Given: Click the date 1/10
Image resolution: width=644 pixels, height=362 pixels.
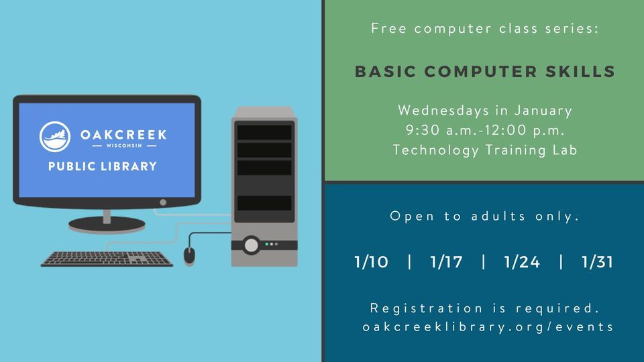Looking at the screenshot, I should pyautogui.click(x=371, y=262).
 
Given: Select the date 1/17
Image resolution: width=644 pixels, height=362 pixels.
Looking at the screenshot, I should pyautogui.click(x=446, y=262).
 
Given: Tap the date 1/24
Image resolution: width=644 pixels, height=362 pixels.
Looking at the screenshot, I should pyautogui.click(x=521, y=262).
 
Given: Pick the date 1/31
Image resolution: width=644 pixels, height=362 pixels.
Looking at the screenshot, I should pyautogui.click(x=597, y=262).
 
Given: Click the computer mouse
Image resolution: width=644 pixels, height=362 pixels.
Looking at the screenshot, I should pyautogui.click(x=190, y=255).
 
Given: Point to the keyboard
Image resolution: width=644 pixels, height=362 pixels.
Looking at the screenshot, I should pyautogui.click(x=107, y=258).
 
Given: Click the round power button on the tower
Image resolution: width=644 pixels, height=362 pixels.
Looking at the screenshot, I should pyautogui.click(x=251, y=244).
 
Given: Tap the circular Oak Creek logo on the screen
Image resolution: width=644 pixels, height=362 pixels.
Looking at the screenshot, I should pyautogui.click(x=56, y=137).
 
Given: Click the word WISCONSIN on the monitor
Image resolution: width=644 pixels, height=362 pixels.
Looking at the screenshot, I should pyautogui.click(x=123, y=145).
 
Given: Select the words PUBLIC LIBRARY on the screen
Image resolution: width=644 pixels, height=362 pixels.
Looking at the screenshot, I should pyautogui.click(x=103, y=166).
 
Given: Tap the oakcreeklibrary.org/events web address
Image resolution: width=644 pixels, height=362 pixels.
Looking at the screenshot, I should pyautogui.click(x=488, y=326).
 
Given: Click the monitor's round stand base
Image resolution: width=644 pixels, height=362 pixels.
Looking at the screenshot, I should pyautogui.click(x=106, y=224).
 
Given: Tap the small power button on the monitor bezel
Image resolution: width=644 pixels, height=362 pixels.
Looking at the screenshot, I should pyautogui.click(x=163, y=202).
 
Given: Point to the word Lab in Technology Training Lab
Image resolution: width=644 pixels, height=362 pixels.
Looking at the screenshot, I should pyautogui.click(x=564, y=150).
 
